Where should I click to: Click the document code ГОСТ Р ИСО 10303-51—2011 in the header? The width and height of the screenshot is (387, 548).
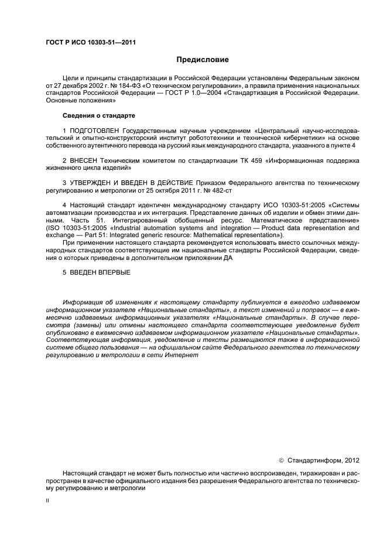click(x=87, y=43)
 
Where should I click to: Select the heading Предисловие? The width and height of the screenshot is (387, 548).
click(x=203, y=60)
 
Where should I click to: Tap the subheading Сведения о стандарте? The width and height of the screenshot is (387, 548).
click(x=90, y=115)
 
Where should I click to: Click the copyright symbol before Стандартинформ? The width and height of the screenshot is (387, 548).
click(x=282, y=460)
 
